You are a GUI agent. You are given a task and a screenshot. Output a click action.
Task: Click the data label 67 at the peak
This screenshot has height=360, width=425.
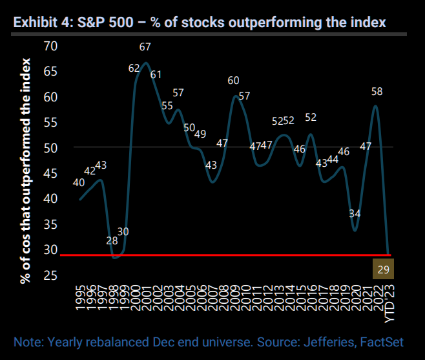(145, 47)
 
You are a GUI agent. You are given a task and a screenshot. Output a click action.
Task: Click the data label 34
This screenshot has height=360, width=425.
(355, 213)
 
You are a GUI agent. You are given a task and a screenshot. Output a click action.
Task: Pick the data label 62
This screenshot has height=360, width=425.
(134, 68)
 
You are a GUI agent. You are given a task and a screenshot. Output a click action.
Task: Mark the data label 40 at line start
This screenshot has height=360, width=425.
(79, 183)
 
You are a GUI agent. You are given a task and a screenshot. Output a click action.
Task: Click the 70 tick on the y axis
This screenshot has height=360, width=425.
(50, 47)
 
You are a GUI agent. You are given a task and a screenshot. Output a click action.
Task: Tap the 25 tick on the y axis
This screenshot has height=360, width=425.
(50, 276)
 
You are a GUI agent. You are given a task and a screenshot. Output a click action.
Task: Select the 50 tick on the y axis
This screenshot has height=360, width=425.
(50, 148)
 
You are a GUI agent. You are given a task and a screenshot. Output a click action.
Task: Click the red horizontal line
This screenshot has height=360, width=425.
(226, 255)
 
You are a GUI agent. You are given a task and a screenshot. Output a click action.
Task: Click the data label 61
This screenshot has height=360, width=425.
(156, 74)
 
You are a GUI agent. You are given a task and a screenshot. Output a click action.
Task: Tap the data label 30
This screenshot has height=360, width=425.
(123, 231)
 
